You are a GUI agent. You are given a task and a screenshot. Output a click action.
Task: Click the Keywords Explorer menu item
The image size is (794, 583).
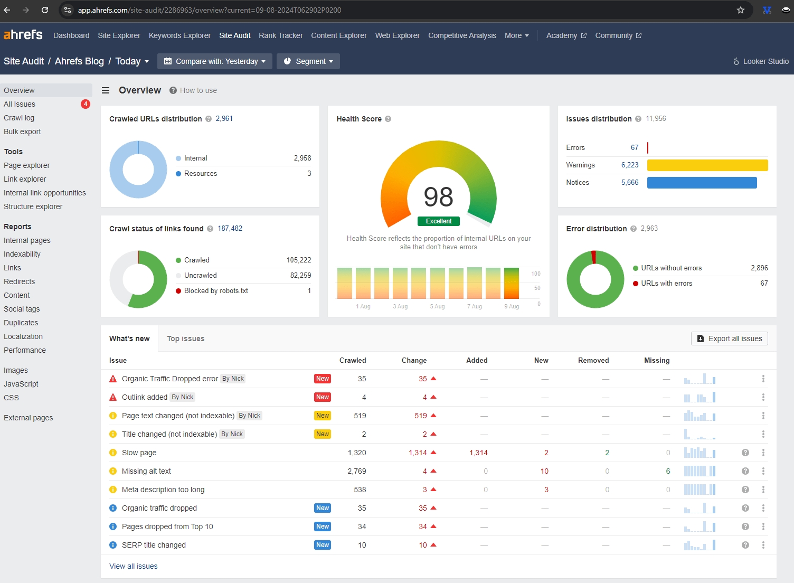tap(179, 35)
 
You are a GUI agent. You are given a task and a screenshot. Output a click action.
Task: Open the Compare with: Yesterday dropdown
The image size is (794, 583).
tap(215, 61)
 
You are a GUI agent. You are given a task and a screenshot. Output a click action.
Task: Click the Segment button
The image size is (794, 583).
tap(308, 61)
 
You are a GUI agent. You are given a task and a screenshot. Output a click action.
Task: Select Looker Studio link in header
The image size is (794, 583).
tap(761, 61)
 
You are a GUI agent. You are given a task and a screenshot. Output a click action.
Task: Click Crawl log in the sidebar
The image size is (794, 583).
tap(19, 118)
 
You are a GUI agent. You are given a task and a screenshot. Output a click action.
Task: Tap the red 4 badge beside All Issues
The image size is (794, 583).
tap(86, 104)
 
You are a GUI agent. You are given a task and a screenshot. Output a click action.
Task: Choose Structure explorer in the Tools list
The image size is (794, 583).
tap(33, 206)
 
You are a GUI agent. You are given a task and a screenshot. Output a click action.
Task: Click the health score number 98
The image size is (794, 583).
tap(438, 197)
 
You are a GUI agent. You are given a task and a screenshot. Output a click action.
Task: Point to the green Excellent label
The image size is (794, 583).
tap(439, 221)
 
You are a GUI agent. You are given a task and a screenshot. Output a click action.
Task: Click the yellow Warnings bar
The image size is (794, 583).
tap(707, 165)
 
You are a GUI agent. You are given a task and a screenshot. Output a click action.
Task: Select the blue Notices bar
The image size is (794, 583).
tap(702, 183)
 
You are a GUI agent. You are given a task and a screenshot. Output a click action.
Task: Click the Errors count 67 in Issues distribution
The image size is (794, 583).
tap(634, 148)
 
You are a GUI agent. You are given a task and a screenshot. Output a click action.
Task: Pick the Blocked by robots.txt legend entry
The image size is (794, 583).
tap(215, 291)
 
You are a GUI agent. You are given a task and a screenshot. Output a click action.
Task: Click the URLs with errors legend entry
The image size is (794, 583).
tap(666, 284)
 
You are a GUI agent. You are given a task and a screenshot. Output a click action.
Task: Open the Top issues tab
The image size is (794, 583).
tap(185, 338)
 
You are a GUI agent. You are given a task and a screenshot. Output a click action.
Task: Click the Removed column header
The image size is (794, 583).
tap(593, 361)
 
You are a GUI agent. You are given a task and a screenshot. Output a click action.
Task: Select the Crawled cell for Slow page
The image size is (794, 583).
tap(357, 453)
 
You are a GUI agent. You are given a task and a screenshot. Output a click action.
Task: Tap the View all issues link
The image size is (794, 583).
tap(133, 566)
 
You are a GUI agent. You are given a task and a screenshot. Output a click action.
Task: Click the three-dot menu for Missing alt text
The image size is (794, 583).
tap(763, 471)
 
